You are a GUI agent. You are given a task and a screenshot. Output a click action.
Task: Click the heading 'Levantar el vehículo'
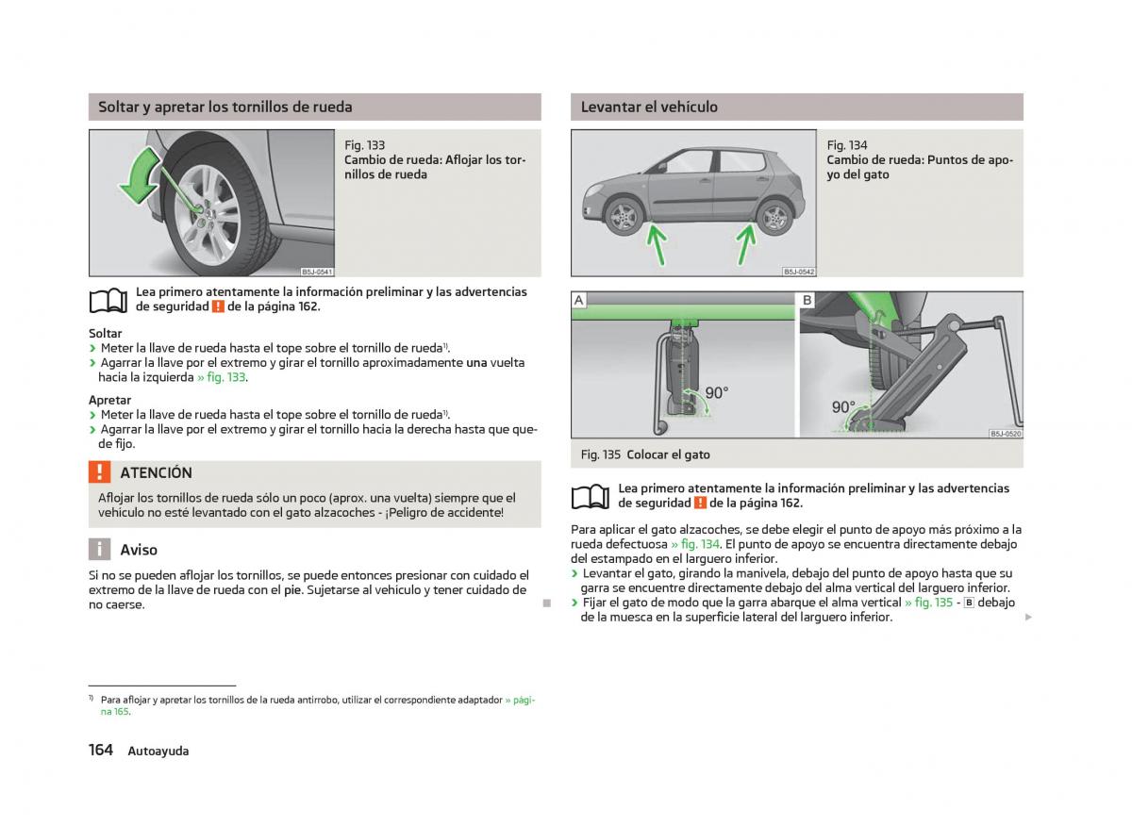point(649,107)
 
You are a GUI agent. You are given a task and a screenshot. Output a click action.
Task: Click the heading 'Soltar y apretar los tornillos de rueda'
point(225,107)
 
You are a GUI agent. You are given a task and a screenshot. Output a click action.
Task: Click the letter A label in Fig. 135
point(579,301)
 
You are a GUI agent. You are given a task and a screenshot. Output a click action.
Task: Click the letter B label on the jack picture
point(807,301)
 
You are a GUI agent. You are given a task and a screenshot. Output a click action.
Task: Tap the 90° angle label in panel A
point(716,392)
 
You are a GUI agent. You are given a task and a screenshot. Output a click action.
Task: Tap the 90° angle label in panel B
point(842,407)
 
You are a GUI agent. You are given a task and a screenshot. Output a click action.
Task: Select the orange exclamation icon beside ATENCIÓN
point(99,472)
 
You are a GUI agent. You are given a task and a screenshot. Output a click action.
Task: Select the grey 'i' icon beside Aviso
point(99,550)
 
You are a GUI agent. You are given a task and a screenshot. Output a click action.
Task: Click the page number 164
point(101,750)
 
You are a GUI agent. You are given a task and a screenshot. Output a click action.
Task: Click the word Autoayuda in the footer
point(158,752)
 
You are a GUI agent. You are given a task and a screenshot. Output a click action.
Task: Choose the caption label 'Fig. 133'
point(365,145)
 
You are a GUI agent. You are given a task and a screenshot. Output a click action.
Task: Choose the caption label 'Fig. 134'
point(847,145)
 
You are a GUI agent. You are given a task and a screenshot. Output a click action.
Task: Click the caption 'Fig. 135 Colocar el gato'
point(645,454)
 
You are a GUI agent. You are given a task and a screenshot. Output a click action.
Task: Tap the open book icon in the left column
point(108,300)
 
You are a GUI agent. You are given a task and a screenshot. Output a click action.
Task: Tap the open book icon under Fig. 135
point(591,496)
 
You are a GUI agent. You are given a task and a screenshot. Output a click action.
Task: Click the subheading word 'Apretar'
point(109,400)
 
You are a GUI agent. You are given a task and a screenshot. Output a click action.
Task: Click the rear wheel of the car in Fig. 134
point(774,218)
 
